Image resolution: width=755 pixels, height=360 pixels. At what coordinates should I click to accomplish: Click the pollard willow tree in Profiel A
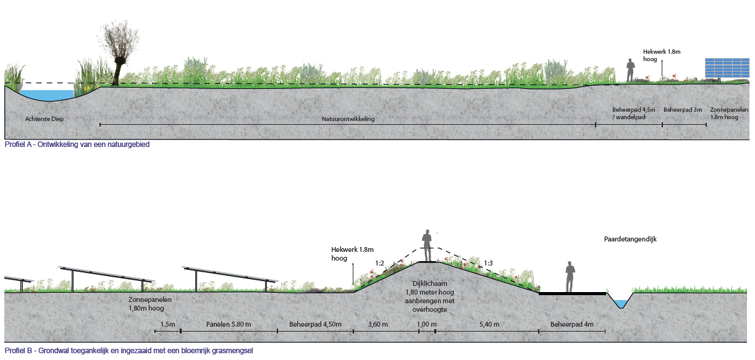[117, 54]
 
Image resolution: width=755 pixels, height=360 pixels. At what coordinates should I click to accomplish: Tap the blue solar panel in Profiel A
[727, 68]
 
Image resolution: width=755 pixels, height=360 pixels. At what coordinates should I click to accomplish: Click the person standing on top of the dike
[427, 245]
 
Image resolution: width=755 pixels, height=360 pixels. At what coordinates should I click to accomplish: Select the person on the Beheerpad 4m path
[570, 277]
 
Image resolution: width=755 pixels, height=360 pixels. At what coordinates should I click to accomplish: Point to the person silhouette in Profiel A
[630, 70]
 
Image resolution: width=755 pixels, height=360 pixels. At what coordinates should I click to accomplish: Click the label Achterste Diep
[44, 119]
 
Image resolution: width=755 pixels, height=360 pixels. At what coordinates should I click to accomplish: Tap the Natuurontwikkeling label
[348, 119]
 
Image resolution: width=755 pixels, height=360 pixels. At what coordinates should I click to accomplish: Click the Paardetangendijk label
[630, 239]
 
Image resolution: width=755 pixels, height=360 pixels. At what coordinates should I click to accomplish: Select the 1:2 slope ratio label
[379, 263]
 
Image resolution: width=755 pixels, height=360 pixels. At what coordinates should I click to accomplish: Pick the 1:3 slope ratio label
[488, 263]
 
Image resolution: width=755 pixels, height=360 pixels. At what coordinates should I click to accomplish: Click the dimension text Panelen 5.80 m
[229, 324]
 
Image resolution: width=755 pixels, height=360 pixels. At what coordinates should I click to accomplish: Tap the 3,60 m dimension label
[377, 324]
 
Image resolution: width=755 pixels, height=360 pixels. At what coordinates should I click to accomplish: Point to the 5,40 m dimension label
[489, 324]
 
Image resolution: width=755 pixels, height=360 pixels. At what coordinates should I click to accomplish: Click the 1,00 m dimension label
[426, 324]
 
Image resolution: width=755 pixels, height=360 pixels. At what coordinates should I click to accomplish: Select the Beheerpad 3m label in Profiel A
[683, 110]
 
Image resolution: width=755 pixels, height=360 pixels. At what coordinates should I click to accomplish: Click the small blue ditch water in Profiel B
[621, 304]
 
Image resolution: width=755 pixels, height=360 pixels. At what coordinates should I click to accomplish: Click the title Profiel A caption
[77, 144]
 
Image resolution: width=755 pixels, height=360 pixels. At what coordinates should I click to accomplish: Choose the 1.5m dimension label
[167, 324]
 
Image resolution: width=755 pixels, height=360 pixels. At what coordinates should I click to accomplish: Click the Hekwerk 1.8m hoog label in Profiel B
[352, 254]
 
